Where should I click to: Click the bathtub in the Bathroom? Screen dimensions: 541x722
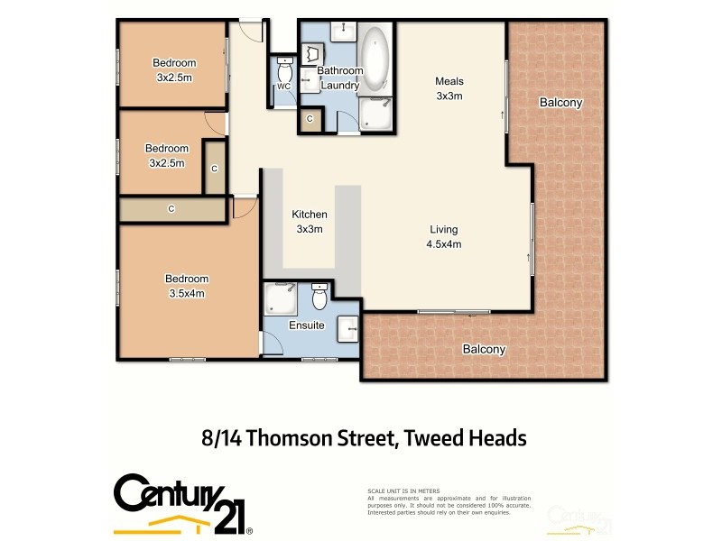374,60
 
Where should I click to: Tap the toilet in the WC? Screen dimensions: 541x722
285,70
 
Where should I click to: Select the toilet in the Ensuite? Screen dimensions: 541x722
319,296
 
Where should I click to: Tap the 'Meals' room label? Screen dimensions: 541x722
449,82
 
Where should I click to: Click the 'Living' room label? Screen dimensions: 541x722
443,229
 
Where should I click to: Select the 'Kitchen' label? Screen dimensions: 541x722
309,215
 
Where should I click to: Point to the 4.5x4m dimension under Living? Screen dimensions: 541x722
443,243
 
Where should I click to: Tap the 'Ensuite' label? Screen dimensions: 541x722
306,326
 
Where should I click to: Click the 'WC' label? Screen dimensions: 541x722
282,87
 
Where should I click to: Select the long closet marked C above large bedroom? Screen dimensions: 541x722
171,208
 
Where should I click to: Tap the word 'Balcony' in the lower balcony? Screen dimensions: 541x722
484,349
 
